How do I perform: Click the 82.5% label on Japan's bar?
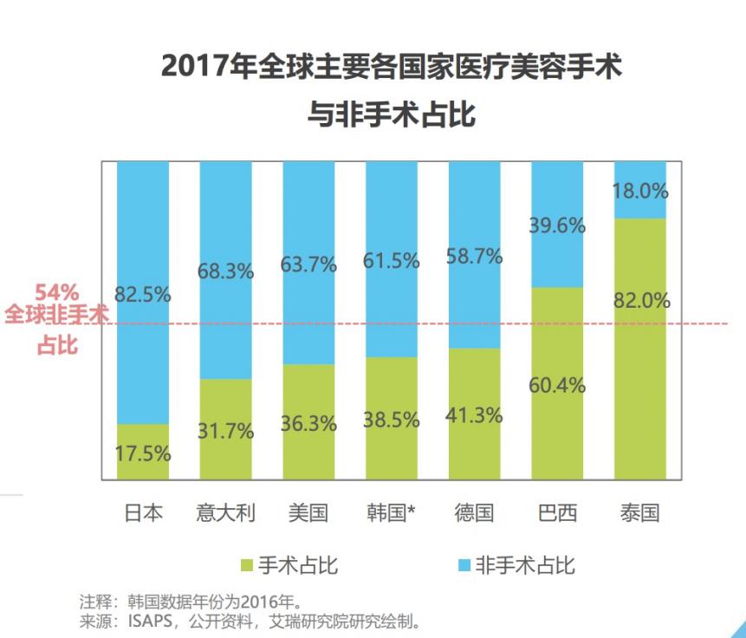pyautogui.click(x=142, y=294)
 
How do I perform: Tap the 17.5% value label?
pyautogui.click(x=142, y=452)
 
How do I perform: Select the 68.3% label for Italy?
pyautogui.click(x=225, y=270)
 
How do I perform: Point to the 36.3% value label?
pyautogui.click(x=308, y=424)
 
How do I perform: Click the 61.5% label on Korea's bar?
pyautogui.click(x=392, y=260)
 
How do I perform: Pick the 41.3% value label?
pyautogui.click(x=474, y=415)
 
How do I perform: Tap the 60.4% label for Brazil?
pyautogui.click(x=557, y=385)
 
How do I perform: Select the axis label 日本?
pyautogui.click(x=142, y=513)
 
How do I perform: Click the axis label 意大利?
pyautogui.click(x=225, y=513)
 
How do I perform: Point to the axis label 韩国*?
pyautogui.click(x=392, y=513)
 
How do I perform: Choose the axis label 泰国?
pyautogui.click(x=640, y=513)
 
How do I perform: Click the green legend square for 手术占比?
pyautogui.click(x=246, y=566)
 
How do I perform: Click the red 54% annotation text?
pyautogui.click(x=57, y=292)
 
